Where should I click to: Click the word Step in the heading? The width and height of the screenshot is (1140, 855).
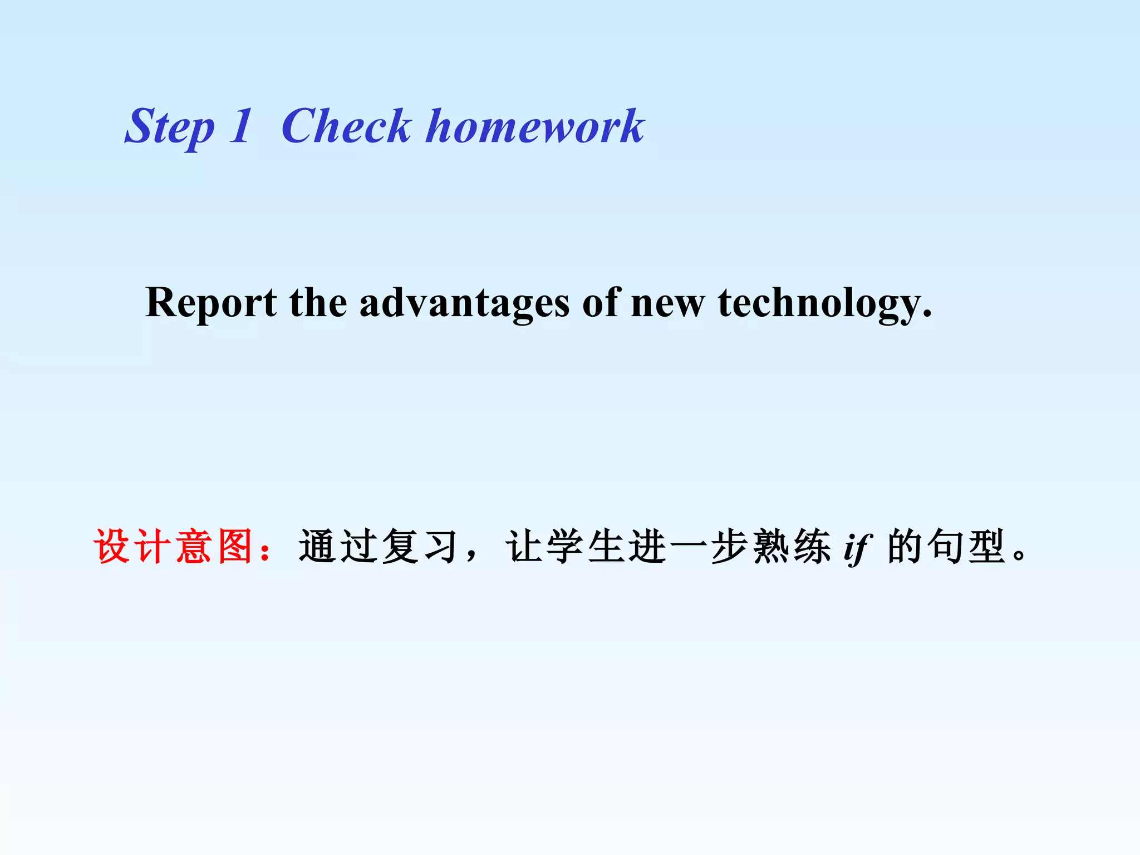click(x=169, y=127)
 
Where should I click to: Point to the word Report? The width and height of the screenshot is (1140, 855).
click(x=210, y=303)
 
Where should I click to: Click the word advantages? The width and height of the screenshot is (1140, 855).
click(x=464, y=303)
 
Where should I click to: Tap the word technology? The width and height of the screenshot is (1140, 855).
click(x=824, y=303)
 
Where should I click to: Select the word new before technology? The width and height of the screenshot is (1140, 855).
click(x=667, y=303)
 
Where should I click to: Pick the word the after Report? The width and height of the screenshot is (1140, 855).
click(x=318, y=303)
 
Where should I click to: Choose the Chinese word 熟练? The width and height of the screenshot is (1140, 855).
click(x=792, y=547)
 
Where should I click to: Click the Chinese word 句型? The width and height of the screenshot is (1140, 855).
click(x=967, y=547)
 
